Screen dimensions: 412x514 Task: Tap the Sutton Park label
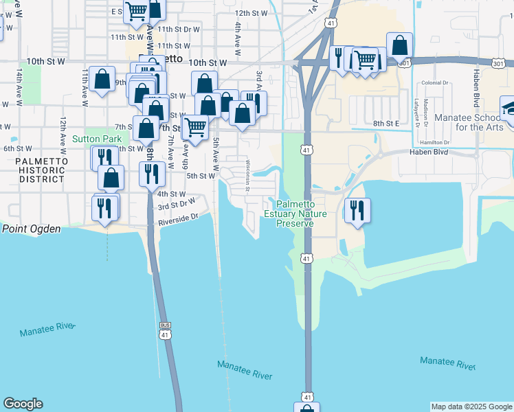pyautogui.click(x=102, y=139)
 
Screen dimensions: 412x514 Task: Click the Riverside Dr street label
pyautogui.click(x=178, y=220)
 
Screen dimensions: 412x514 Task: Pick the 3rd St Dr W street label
pyautogui.click(x=177, y=205)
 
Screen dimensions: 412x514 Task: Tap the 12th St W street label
pyautogui.click(x=251, y=13)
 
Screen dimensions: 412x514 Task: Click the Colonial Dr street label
pyautogui.click(x=435, y=82)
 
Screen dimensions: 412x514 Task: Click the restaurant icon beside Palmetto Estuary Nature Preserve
pyautogui.click(x=356, y=210)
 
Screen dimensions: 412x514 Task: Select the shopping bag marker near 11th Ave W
pyautogui.click(x=102, y=79)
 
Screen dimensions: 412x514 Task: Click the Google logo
pyautogui.click(x=23, y=404)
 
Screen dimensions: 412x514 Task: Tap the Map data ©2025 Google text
pyautogui.click(x=471, y=407)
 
